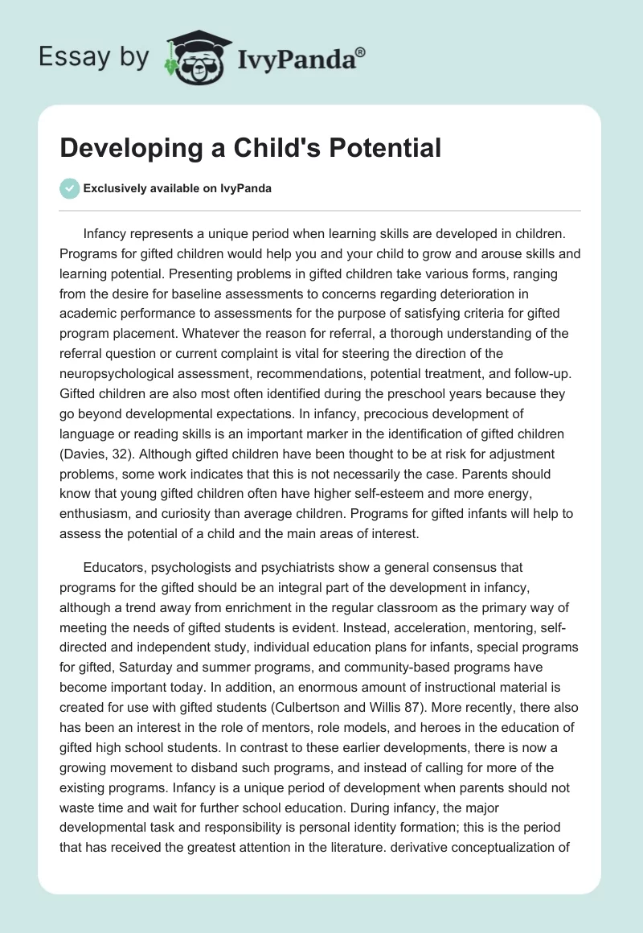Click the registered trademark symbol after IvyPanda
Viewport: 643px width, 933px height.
[x=360, y=52]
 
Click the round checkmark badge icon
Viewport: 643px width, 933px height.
[x=69, y=188]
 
